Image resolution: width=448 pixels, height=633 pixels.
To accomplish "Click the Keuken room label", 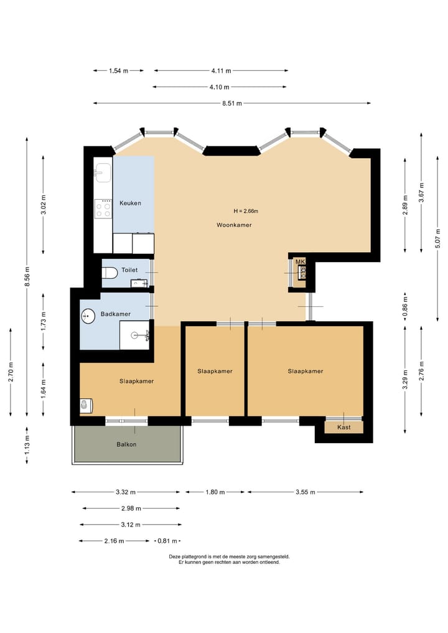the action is point(130,203).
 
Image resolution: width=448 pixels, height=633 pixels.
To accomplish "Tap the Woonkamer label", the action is point(234,225).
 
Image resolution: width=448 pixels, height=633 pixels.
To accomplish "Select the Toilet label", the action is point(129,270).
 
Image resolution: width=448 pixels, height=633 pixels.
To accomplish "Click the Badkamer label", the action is point(116,314).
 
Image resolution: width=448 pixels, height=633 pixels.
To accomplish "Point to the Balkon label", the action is point(126,444).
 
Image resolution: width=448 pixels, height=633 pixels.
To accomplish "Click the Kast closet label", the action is point(344,427).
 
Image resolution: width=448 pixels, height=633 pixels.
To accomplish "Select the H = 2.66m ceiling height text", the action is point(246,211).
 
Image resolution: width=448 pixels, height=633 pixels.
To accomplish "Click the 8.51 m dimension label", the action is point(232,103).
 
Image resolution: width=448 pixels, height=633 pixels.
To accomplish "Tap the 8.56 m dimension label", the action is point(27,276).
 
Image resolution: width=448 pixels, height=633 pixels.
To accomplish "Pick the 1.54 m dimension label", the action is point(119,71).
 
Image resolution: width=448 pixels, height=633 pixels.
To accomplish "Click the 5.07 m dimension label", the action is point(438,239).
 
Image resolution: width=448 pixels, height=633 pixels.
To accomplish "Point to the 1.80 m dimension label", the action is point(215,492).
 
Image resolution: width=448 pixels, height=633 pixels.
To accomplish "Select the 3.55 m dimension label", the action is point(306,492).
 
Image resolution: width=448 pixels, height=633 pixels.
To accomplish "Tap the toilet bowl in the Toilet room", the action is point(110,273).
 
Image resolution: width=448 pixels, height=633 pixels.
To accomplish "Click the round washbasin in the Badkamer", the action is point(87,316).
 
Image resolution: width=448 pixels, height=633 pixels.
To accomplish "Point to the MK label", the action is point(300,262).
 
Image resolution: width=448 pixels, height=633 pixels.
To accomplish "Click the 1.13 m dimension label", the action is point(27,444).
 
